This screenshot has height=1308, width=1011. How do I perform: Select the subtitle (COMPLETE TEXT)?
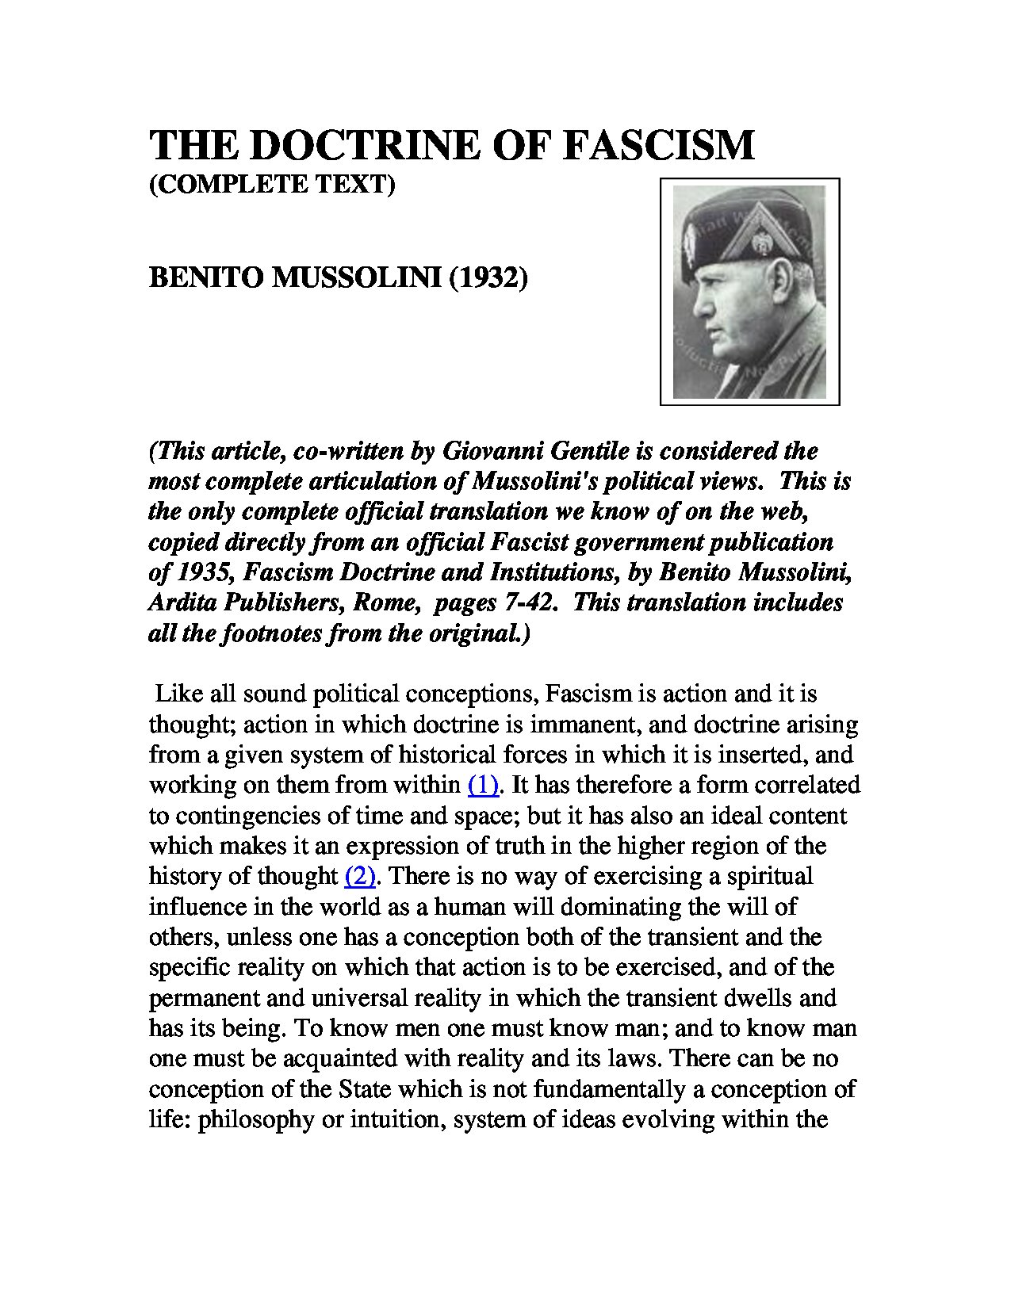click(x=272, y=184)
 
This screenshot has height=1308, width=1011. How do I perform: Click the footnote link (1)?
click(x=484, y=785)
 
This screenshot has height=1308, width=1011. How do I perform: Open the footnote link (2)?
click(x=360, y=876)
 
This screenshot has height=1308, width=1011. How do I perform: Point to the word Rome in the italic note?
click(x=385, y=602)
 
